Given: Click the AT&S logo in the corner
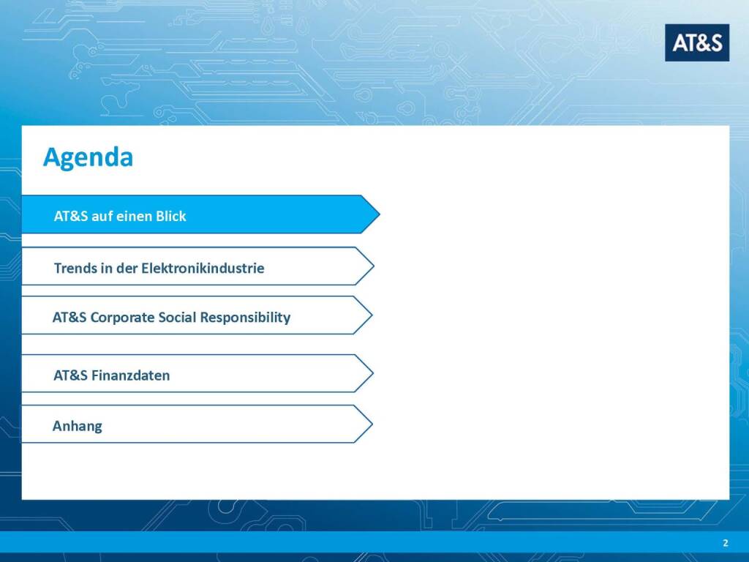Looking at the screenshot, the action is click(x=697, y=42).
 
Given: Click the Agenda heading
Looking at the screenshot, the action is click(x=88, y=158).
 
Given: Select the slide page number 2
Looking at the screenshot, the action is click(x=726, y=543).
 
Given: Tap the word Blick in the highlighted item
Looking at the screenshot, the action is click(x=170, y=216).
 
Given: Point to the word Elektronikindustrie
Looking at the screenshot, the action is click(x=203, y=268).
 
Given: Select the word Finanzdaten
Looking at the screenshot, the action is click(x=130, y=375).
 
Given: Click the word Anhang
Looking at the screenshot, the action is click(x=78, y=427).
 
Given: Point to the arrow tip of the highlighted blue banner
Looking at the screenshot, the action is click(x=380, y=214).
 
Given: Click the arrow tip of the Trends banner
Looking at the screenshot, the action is click(x=374, y=266).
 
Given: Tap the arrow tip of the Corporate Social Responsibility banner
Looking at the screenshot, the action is click(x=372, y=315).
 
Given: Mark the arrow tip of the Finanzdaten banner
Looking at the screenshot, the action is click(x=373, y=374).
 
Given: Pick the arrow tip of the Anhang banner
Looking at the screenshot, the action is click(x=372, y=424).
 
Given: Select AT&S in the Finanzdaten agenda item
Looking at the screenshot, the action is click(x=71, y=375).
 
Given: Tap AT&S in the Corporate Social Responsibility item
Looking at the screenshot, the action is click(x=69, y=318).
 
